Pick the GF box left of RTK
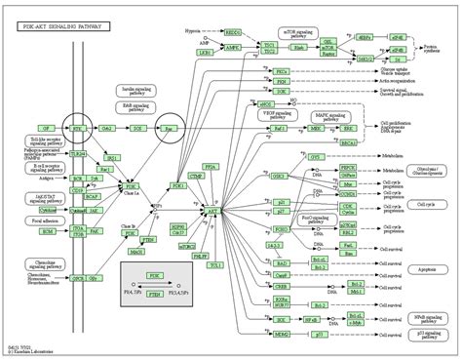point(44,128)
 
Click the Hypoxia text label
point(193,30)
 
